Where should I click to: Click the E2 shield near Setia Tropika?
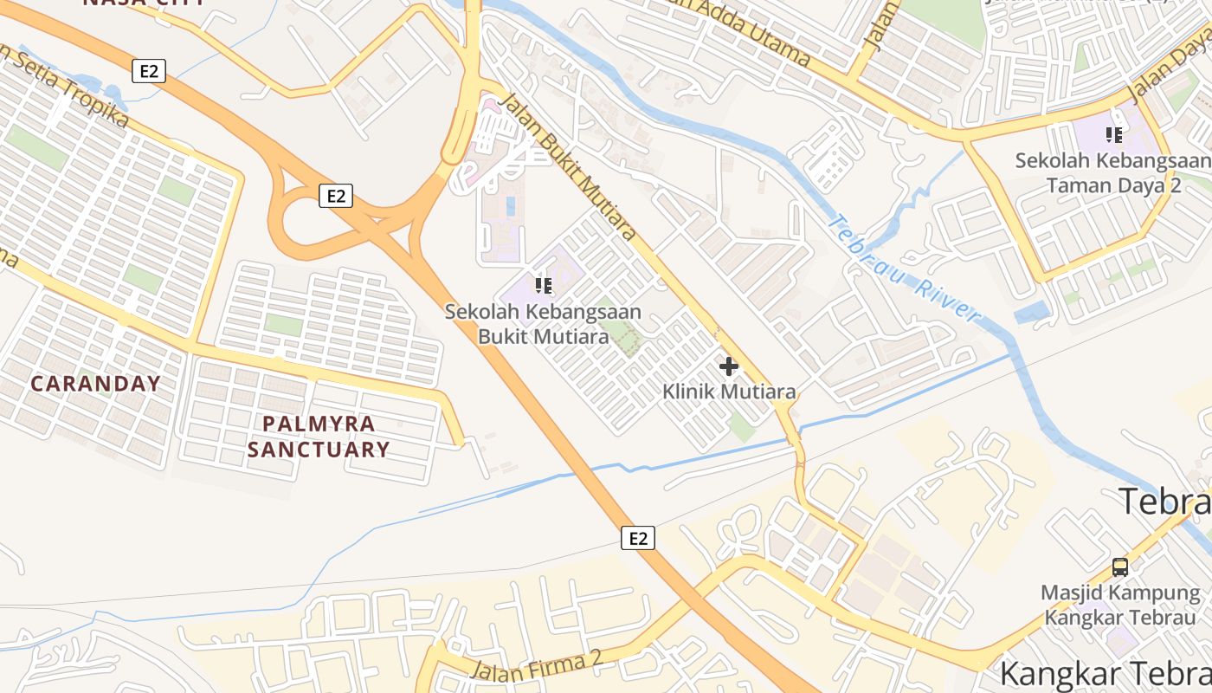tap(149, 71)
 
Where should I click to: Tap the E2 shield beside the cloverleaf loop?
tap(336, 197)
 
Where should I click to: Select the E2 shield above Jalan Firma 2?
tap(638, 539)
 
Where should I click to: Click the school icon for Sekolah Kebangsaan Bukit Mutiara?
tap(544, 285)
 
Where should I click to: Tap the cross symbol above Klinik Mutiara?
tap(729, 366)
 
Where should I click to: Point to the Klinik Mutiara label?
tap(729, 392)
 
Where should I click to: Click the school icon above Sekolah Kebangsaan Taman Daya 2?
tap(1114, 134)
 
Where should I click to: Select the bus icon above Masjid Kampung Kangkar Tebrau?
tap(1119, 567)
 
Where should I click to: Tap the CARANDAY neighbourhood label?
tap(96, 384)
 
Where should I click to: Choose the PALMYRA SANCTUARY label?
tap(318, 437)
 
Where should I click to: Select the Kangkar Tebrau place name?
tap(1105, 674)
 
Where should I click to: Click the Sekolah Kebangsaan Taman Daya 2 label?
tap(1113, 172)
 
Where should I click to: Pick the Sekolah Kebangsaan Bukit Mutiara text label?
tap(544, 323)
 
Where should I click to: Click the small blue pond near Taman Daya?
tap(1032, 312)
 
